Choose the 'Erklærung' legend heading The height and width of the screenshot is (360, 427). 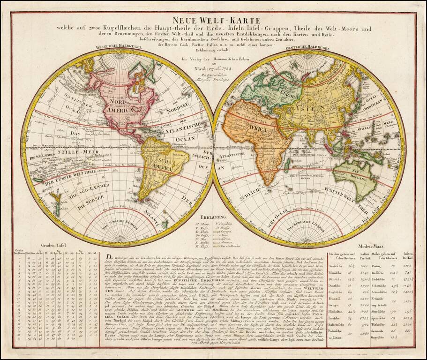(212, 217)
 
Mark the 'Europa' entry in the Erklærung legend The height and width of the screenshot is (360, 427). (227, 231)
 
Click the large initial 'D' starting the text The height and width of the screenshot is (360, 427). (109, 256)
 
